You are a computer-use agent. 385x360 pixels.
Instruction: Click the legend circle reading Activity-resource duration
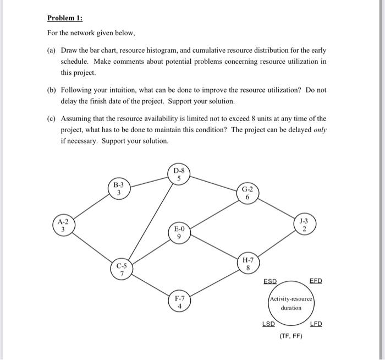(291, 303)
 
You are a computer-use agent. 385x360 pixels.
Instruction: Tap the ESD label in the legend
(270, 281)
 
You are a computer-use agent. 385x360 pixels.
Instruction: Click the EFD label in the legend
(316, 281)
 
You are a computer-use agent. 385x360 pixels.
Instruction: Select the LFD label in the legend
(316, 324)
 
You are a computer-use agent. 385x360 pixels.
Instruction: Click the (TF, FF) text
(291, 336)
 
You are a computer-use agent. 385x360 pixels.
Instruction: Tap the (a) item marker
(50, 50)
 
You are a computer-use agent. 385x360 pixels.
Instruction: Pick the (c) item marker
(50, 118)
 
